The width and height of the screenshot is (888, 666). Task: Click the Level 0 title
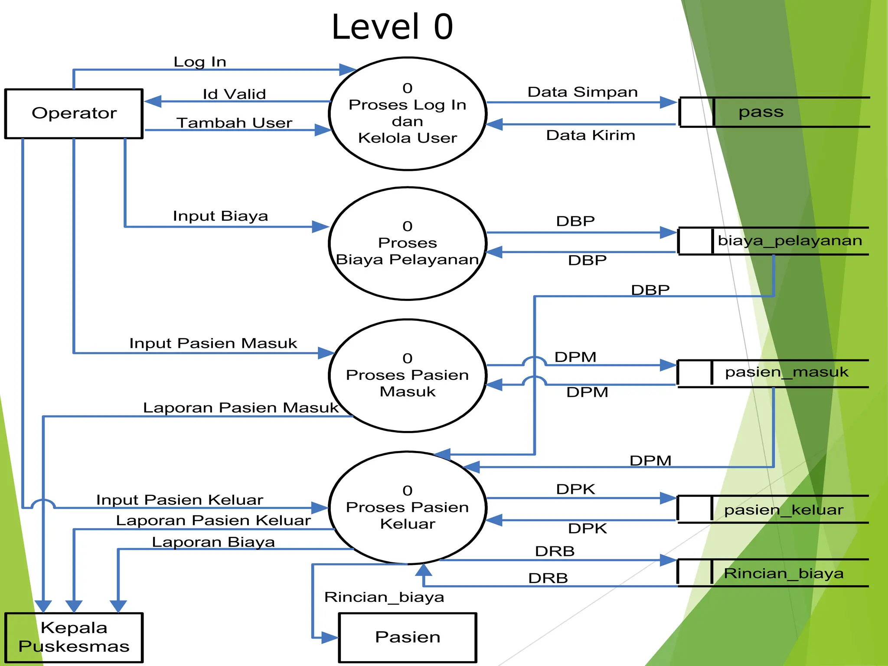[x=392, y=27]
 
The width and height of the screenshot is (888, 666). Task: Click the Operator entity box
[x=74, y=114]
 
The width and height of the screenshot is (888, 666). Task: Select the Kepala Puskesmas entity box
[x=74, y=637]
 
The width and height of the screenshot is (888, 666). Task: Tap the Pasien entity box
[x=407, y=637]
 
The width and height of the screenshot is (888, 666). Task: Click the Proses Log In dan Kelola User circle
[x=407, y=114]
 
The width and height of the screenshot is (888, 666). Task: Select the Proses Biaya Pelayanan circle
[x=407, y=243]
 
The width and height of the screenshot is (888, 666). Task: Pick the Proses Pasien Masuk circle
[x=407, y=375]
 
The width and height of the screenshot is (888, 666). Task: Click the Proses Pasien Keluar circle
[x=407, y=508]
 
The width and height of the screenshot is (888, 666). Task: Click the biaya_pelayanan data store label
[x=790, y=241]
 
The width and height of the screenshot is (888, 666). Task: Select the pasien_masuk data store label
[x=786, y=372]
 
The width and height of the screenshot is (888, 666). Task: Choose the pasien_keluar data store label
[x=784, y=510]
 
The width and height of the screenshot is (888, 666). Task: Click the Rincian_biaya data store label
[x=784, y=574]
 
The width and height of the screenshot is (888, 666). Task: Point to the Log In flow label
[x=200, y=62]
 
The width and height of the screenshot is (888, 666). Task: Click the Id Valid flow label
[x=234, y=94]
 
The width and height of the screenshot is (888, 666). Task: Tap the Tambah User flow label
[x=234, y=123]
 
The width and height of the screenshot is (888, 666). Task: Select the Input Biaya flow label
[x=220, y=216]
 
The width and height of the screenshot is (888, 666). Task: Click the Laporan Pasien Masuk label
[x=241, y=408]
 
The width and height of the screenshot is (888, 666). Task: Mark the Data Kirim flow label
[x=590, y=135]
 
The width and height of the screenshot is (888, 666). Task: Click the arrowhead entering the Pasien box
[x=330, y=637]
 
